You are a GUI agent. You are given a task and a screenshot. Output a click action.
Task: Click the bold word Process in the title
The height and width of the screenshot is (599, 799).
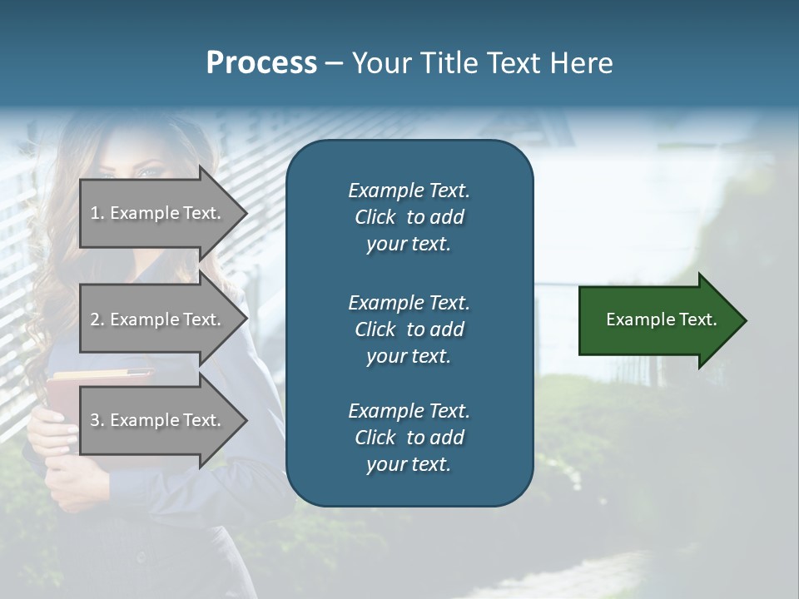point(261,63)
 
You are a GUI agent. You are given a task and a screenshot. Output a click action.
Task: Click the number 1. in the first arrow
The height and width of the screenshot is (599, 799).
point(97,213)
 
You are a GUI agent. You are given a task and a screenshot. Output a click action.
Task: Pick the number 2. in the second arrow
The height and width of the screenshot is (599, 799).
point(97,319)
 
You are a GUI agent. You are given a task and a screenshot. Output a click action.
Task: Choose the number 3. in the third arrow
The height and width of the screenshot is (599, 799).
point(97,420)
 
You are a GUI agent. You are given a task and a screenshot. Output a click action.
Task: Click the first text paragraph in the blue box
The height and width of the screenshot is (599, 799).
point(409,217)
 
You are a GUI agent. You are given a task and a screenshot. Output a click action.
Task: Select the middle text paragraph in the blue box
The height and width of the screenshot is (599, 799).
point(409,329)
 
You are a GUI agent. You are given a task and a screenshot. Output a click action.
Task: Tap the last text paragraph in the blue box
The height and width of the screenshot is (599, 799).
point(409,438)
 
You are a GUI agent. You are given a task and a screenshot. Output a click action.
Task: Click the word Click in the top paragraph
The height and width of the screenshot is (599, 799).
point(375,217)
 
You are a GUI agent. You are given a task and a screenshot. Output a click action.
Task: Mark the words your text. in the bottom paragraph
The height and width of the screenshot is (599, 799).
point(409,465)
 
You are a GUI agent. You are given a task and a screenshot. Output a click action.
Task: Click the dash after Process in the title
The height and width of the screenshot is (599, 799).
point(334,63)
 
